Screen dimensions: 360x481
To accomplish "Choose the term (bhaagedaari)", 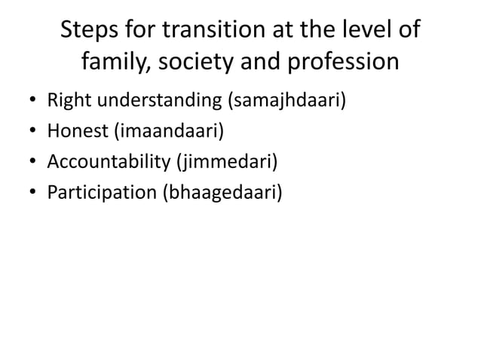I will pyautogui.click(x=223, y=193).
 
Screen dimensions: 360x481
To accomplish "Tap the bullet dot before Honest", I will pyautogui.click(x=28, y=132).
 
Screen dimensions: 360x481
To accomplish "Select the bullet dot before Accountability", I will pyautogui.click(x=28, y=163).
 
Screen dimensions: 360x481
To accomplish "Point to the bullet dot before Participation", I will pyautogui.click(x=28, y=194).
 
